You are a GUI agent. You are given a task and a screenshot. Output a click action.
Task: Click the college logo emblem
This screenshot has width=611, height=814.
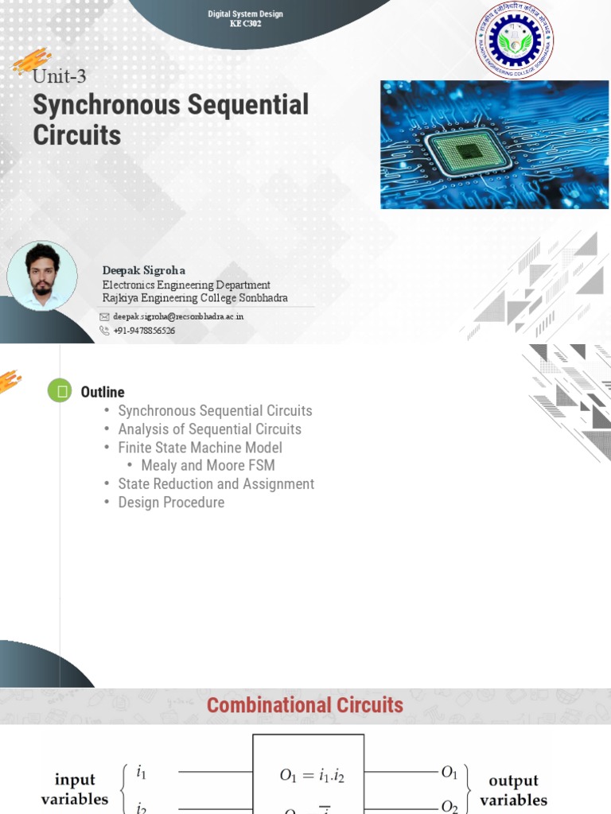tap(515, 40)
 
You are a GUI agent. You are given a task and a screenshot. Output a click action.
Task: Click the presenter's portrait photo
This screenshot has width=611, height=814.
tap(42, 276)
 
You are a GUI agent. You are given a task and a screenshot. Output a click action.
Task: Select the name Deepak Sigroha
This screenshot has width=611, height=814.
tap(143, 270)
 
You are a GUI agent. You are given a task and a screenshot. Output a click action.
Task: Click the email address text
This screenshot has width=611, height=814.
tap(178, 316)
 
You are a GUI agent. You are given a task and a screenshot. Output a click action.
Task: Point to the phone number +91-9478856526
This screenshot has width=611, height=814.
tap(144, 331)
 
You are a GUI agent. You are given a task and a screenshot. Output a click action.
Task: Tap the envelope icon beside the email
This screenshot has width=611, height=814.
tap(104, 316)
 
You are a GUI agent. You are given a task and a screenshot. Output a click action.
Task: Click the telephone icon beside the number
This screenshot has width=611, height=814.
tap(104, 331)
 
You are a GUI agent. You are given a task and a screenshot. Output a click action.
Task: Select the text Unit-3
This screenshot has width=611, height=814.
tap(59, 77)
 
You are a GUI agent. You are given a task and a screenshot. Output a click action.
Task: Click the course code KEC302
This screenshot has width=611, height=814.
tap(245, 24)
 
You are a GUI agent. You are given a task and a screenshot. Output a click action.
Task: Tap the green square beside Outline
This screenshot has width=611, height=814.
tap(60, 391)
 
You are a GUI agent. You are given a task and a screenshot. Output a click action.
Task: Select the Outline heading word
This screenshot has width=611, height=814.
tap(103, 392)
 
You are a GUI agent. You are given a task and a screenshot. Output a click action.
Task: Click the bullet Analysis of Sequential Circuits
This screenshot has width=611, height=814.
tap(209, 429)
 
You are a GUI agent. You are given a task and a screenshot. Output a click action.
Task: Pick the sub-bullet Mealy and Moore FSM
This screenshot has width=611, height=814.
tap(208, 466)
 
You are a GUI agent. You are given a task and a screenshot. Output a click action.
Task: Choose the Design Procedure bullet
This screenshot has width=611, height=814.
tap(171, 502)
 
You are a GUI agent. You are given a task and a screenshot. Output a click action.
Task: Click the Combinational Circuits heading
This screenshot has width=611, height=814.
tap(305, 705)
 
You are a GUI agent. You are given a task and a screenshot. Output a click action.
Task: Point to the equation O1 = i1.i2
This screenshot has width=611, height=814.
tap(312, 777)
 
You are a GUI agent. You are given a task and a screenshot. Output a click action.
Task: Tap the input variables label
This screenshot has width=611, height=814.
tap(75, 789)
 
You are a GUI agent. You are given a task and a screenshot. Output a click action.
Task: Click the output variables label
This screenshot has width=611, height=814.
tap(513, 790)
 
